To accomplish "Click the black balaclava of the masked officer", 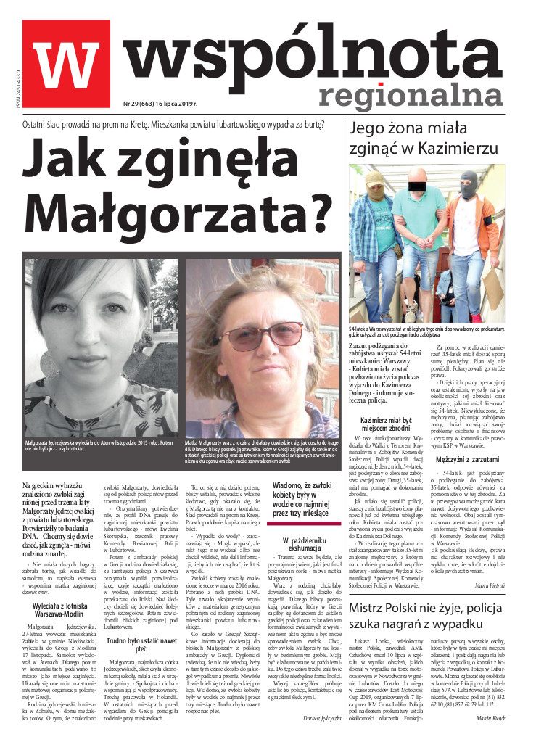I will (468, 181).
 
